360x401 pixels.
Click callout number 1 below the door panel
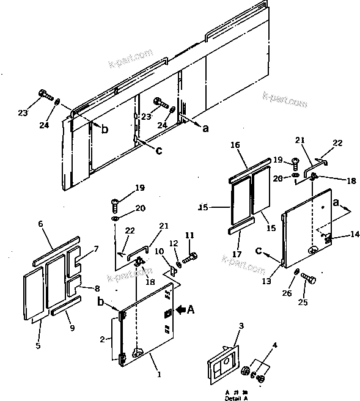[x=160, y=373]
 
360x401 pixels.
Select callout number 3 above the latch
[x=241, y=326]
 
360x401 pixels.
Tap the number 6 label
[x=42, y=224]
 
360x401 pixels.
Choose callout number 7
[x=96, y=249]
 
